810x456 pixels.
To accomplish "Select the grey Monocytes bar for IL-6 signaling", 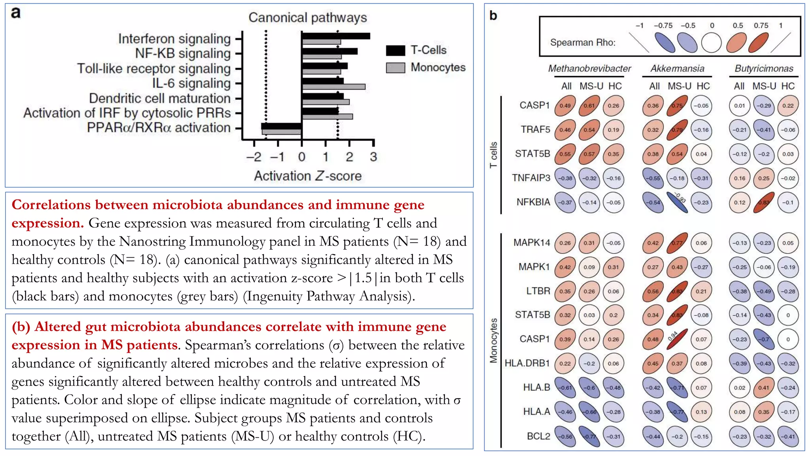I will tap(333, 87).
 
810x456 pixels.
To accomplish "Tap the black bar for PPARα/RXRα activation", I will tap(281, 126).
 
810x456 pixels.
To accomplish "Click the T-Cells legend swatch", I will tap(395, 51).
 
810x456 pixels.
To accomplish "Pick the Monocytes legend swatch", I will tap(395, 68).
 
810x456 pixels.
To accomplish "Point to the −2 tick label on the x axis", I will tap(254, 157).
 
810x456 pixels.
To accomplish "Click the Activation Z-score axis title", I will tap(308, 176).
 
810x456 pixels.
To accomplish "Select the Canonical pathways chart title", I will tap(307, 18).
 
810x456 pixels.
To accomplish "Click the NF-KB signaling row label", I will tap(183, 53).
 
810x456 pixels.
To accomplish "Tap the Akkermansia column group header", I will tap(677, 68).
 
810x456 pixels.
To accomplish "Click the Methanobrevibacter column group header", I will tap(589, 68).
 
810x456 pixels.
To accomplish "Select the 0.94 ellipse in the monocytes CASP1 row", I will tap(677, 339).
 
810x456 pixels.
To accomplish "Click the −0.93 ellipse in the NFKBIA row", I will tap(677, 202).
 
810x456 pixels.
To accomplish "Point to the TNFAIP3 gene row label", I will tap(531, 178).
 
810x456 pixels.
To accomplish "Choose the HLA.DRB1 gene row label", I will tap(527, 363).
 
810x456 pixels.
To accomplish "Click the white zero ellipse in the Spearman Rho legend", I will tap(711, 43).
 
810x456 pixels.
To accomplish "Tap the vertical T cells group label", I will tap(493, 155).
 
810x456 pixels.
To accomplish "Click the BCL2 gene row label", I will tap(538, 436).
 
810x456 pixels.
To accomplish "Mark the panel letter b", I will tap(493, 15).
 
